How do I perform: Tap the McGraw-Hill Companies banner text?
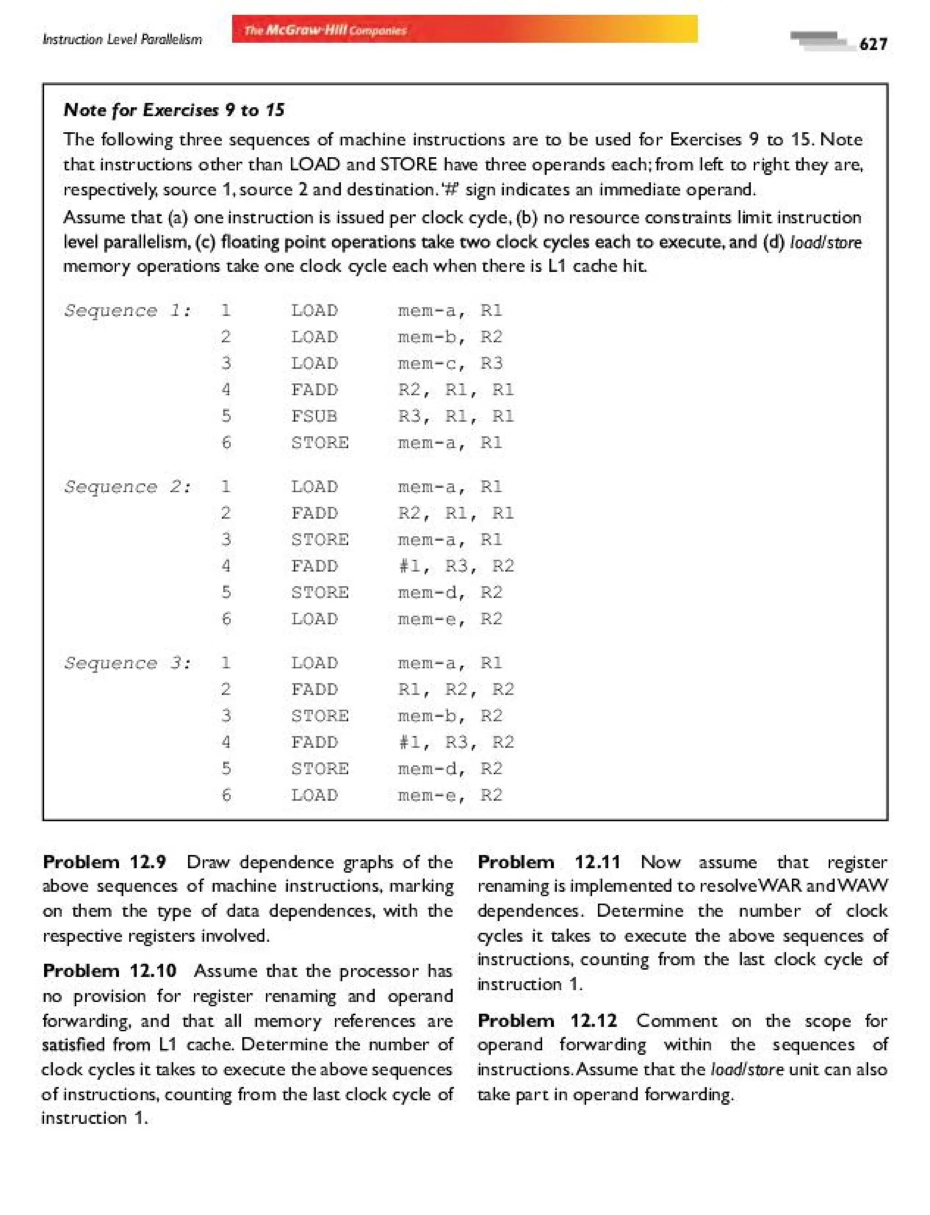(326, 30)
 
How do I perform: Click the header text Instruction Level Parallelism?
(122, 40)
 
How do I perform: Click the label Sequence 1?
(127, 310)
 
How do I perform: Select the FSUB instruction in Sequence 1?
(314, 416)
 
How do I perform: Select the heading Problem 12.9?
(104, 862)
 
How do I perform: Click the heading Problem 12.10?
(109, 970)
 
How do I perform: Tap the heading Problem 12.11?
(549, 862)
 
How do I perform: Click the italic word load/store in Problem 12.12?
(747, 1069)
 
